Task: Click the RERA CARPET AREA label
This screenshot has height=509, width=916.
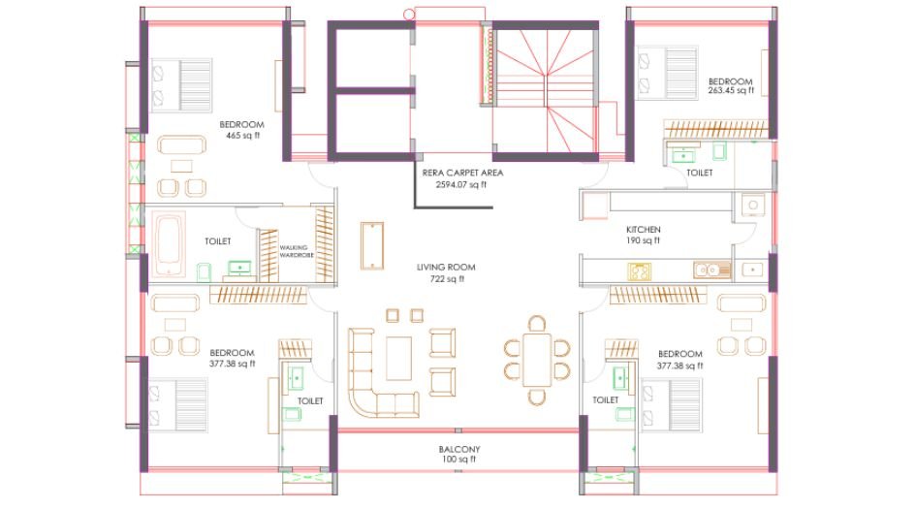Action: tap(462, 173)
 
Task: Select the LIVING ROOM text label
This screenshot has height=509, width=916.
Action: tap(447, 267)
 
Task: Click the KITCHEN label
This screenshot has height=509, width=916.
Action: tap(643, 229)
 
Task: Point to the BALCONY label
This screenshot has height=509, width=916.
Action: tap(458, 450)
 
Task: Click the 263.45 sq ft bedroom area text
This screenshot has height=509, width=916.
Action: tap(731, 91)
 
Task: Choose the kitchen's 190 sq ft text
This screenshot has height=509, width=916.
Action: tap(643, 240)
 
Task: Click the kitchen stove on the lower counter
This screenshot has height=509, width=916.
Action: tap(640, 272)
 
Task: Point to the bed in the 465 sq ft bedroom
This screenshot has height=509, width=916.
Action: tap(180, 82)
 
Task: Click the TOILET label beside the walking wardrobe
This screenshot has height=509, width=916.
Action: tap(218, 240)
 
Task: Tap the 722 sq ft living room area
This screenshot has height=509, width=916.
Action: tap(447, 279)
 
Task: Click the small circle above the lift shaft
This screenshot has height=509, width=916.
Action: tap(408, 14)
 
